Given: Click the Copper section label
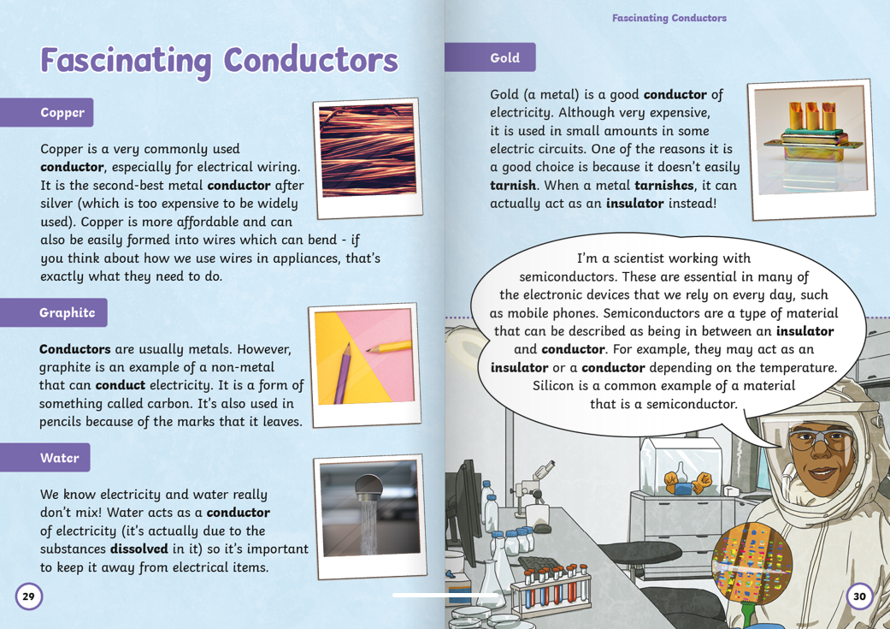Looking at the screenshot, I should (x=62, y=112).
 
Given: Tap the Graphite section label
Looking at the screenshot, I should (x=67, y=312).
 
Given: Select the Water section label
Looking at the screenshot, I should (x=59, y=458).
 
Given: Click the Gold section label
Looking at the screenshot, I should (x=504, y=57).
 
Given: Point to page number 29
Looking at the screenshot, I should (x=28, y=596).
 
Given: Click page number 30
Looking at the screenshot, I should (x=859, y=596).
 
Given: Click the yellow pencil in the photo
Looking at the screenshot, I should (x=389, y=342).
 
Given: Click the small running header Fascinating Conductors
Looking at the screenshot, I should (x=669, y=18).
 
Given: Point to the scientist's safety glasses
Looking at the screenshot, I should (x=819, y=441).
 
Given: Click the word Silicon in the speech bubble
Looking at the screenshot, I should (x=556, y=386).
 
